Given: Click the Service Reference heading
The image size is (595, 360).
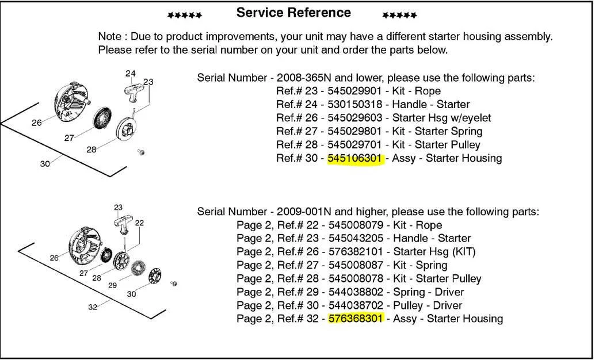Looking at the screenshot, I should pyautogui.click(x=293, y=13).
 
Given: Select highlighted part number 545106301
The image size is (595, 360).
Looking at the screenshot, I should pyautogui.click(x=355, y=158).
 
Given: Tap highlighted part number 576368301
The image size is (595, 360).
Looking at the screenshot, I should pyautogui.click(x=355, y=319).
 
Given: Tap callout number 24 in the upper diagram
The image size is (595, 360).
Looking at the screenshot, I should pyautogui.click(x=131, y=74).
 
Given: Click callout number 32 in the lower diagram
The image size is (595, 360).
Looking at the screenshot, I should pyautogui.click(x=93, y=307).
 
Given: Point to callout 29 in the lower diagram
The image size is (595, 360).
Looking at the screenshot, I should pyautogui.click(x=113, y=285).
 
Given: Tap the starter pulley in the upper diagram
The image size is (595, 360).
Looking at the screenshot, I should pyautogui.click(x=127, y=128).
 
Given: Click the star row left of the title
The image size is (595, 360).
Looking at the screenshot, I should pyautogui.click(x=184, y=16).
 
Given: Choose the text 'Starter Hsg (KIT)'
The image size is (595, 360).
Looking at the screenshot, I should pyautogui.click(x=434, y=252).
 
